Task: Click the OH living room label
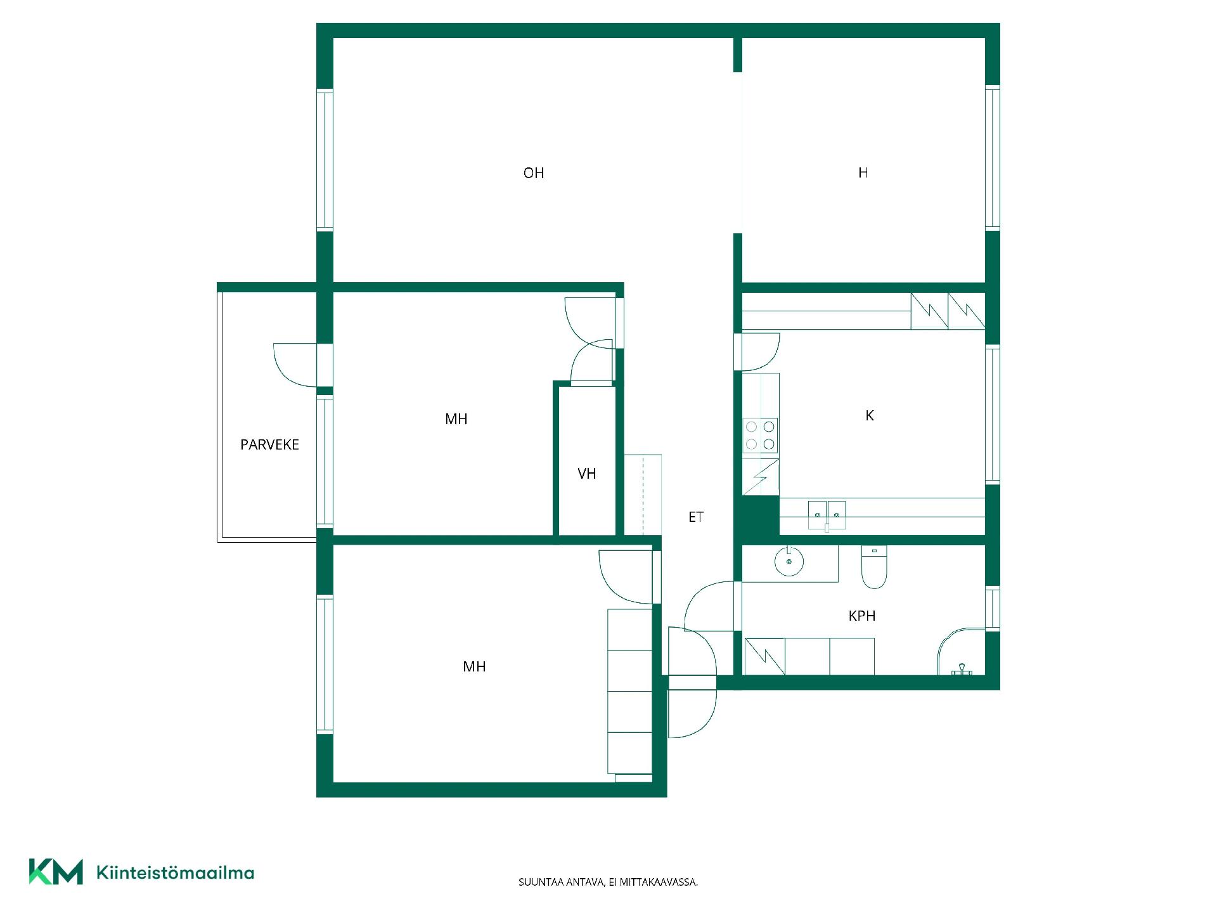tap(534, 173)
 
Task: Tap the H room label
tap(863, 172)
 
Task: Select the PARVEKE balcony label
tap(269, 444)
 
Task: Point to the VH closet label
tap(587, 474)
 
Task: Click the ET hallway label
tap(696, 517)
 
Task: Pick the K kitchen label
tap(870, 415)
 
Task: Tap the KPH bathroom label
tap(862, 616)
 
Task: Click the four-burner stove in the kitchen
tap(760, 436)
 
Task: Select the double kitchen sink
tap(827, 515)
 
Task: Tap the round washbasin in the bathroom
tap(789, 561)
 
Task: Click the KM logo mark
tap(56, 872)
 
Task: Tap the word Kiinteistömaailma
tap(175, 873)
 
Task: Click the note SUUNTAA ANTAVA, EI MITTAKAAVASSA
tap(608, 882)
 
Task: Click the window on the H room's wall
tap(993, 157)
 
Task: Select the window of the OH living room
tap(325, 160)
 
